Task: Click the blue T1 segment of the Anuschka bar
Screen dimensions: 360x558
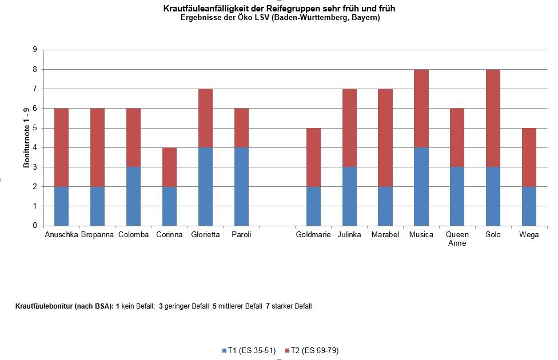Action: (61, 206)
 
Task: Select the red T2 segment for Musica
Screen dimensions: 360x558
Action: (421, 109)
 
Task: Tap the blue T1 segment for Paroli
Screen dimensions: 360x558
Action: (241, 186)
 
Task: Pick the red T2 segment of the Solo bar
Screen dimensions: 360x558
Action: (493, 118)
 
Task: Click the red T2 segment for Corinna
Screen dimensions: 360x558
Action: (169, 167)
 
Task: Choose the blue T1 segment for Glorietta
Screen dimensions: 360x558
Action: (205, 186)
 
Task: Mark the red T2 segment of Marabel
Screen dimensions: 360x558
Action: (385, 138)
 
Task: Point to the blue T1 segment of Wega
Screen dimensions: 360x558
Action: (529, 206)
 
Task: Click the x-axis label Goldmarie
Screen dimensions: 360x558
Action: (313, 235)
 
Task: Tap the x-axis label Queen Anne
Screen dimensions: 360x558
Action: (457, 239)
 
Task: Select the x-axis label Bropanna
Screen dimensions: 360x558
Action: (97, 235)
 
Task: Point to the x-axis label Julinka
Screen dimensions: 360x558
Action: (349, 235)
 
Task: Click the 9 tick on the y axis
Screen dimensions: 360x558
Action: (35, 50)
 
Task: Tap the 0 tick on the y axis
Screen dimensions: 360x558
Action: (35, 226)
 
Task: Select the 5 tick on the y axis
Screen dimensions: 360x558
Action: (35, 128)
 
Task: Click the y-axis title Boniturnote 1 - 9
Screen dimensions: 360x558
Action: (26, 138)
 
